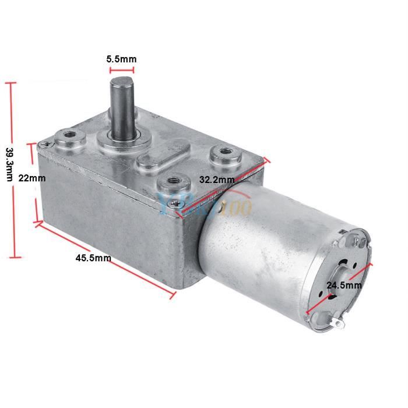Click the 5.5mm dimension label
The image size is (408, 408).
point(122,59)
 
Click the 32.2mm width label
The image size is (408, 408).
point(217,180)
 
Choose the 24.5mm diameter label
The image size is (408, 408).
point(344,286)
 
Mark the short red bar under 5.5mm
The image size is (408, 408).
point(122,73)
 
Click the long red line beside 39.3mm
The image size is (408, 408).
point(10,170)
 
